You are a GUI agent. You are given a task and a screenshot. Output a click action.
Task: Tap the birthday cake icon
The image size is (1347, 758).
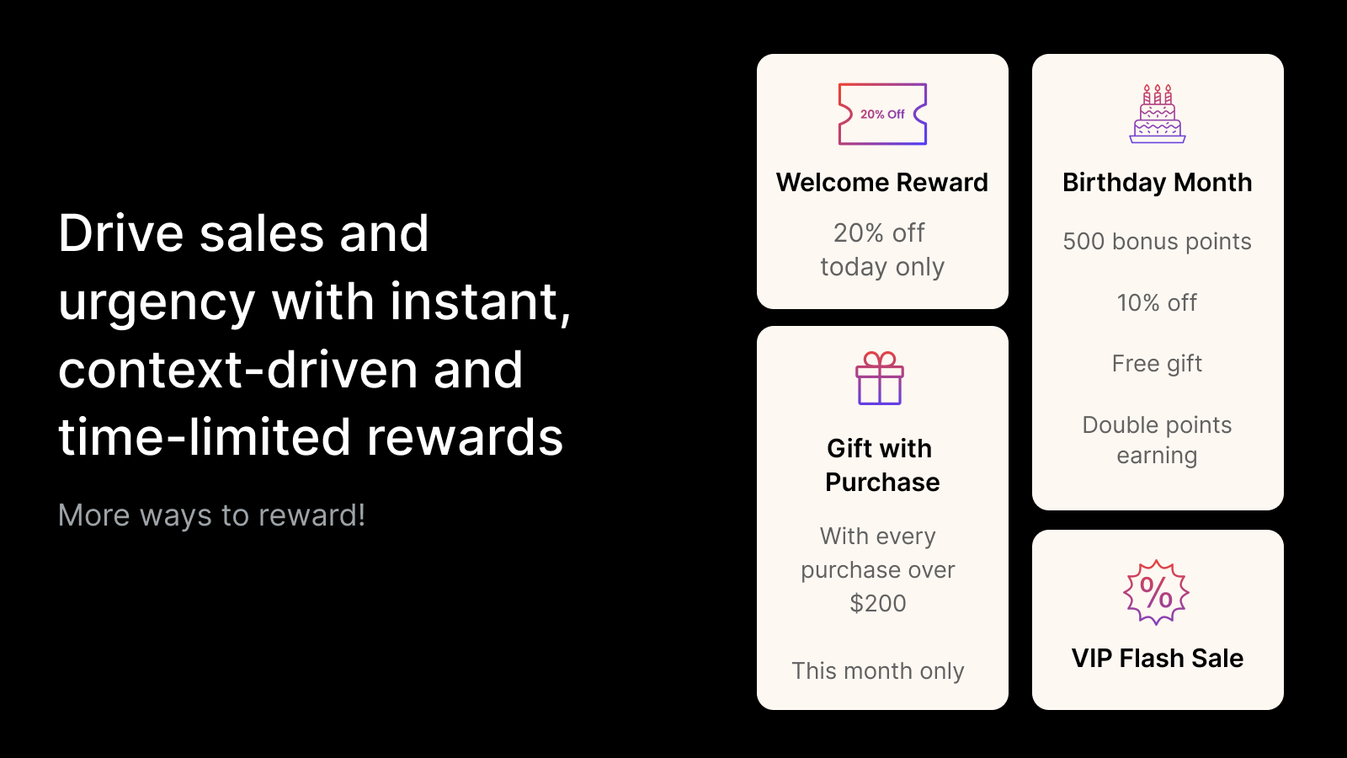1158,115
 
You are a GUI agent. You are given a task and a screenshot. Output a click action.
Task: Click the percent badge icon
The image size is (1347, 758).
1156,593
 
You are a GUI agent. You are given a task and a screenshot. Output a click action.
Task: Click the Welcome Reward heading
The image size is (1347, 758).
882,182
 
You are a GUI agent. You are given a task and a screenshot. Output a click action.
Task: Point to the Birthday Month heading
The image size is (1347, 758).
1158,182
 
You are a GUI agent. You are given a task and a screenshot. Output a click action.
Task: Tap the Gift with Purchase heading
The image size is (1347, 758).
882,465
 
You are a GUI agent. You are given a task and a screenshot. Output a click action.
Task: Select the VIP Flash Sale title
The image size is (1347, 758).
1158,658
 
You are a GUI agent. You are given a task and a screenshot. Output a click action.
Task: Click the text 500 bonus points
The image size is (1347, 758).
1157,241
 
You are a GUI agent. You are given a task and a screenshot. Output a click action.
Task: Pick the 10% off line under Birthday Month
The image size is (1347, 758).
1157,302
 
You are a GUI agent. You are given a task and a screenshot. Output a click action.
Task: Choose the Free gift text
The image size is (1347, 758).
1157,363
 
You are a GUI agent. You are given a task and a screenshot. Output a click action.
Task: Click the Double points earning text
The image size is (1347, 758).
1157,440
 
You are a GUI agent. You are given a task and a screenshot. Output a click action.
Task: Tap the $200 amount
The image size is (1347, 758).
878,603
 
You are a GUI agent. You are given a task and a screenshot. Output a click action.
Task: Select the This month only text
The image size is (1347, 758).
878,670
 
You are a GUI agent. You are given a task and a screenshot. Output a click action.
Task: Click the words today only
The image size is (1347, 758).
882,266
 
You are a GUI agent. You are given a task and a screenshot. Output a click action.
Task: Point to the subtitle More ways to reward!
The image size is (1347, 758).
211,515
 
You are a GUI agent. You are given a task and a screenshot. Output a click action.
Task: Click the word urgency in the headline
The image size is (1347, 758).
157,302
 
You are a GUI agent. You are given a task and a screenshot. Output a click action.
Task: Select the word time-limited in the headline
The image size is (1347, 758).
205,437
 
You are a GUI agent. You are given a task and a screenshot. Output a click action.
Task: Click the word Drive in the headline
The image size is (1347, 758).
121,233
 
